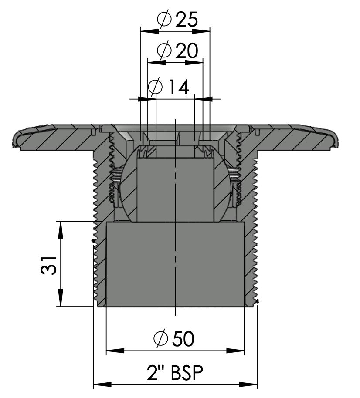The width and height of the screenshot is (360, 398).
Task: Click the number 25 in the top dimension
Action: (x=187, y=20)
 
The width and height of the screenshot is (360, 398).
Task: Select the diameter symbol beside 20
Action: (x=163, y=51)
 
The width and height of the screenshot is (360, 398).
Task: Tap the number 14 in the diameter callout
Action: (x=177, y=88)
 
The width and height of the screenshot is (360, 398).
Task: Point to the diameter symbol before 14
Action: (x=155, y=88)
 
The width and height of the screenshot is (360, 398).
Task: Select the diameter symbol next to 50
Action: (x=161, y=339)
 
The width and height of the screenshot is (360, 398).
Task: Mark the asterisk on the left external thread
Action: (x=93, y=241)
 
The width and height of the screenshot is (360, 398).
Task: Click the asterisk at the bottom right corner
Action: (x=257, y=301)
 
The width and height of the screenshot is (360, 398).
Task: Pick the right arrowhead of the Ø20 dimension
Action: (x=198, y=62)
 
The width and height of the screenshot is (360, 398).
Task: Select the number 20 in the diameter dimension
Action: (x=187, y=51)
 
